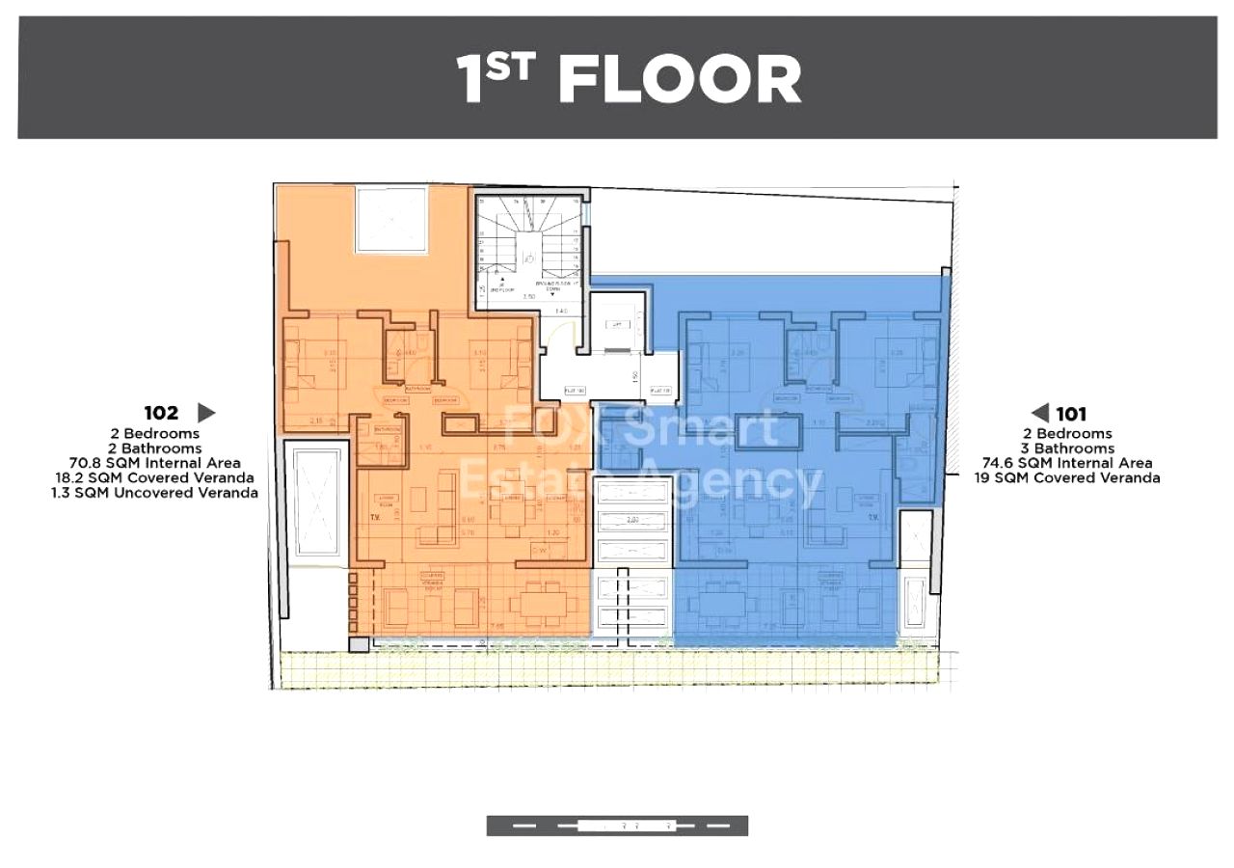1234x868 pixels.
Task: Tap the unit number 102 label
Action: point(161,413)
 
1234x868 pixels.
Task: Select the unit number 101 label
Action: point(1070,414)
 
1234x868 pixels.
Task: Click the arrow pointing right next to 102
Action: point(206,413)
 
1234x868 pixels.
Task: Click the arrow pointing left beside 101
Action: point(1040,414)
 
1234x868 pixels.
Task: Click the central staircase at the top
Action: point(528,249)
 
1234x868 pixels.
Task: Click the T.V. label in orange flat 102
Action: point(375,516)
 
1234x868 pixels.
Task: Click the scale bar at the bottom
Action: point(617,826)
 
